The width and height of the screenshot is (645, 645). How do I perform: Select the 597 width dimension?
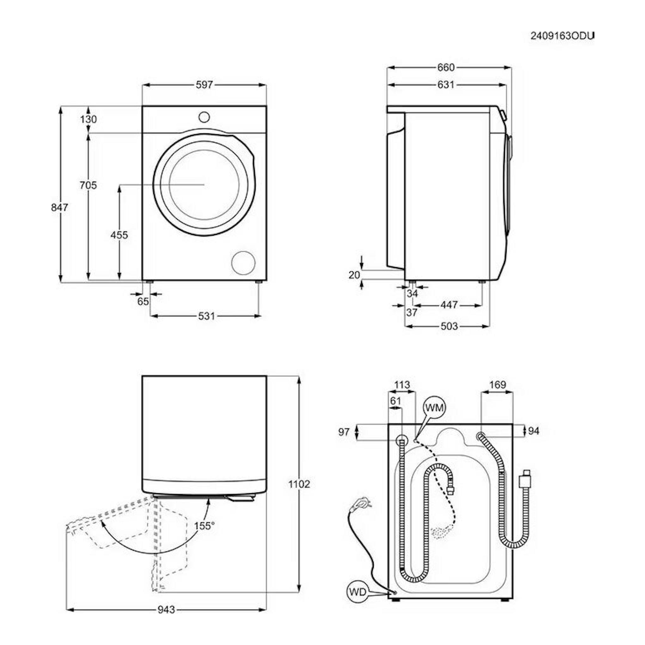[204, 85]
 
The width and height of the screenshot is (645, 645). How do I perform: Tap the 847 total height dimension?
[59, 207]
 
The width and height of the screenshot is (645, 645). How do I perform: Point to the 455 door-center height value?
[119, 235]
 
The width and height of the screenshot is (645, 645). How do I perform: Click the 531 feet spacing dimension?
[206, 316]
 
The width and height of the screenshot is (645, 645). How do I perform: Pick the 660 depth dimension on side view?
[446, 67]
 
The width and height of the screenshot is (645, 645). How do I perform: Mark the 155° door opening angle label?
[204, 526]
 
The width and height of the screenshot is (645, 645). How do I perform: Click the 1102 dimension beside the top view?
[299, 484]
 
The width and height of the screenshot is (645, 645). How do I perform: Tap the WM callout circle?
[435, 408]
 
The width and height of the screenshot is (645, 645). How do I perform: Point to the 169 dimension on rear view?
[497, 384]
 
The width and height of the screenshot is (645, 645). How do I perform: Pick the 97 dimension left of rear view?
[344, 432]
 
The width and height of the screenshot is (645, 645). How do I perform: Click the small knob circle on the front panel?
[204, 117]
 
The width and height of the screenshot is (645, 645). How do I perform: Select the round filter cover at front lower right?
[243, 263]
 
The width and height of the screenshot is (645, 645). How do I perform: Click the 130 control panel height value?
[89, 119]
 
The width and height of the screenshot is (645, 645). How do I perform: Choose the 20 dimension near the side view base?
[354, 275]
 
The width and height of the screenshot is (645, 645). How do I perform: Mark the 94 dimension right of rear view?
[533, 431]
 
